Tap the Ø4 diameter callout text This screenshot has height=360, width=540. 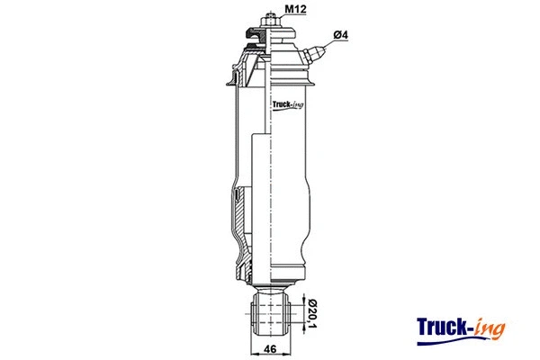[x=340, y=35]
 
